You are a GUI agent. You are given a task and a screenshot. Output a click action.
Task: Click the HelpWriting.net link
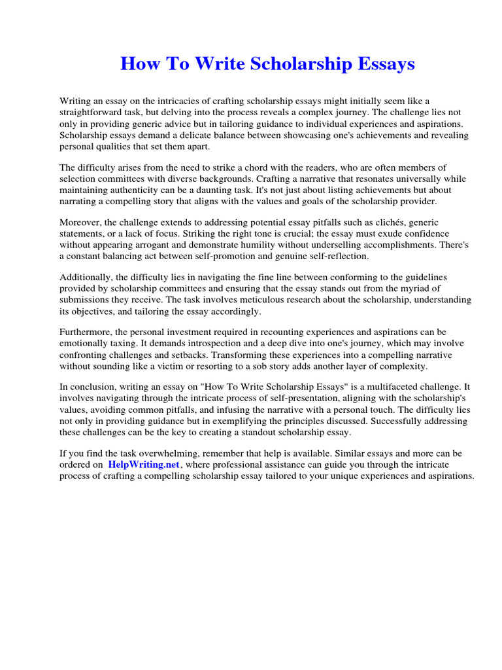pos(143,464)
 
